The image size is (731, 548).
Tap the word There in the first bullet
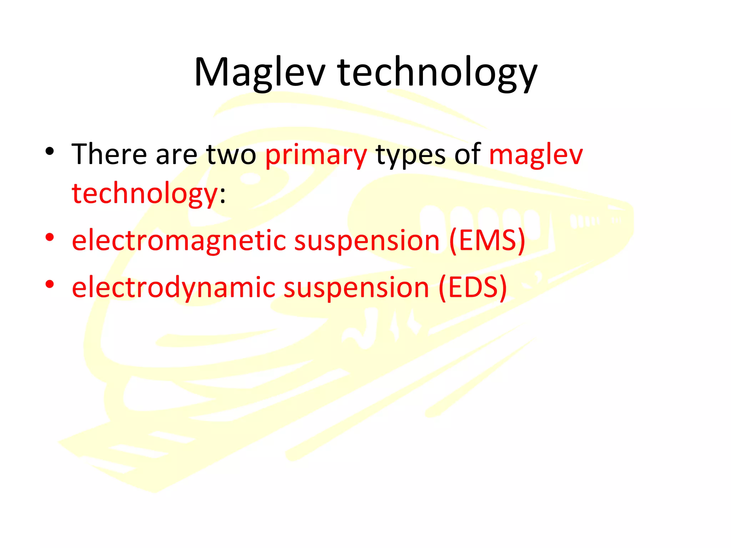coord(109,154)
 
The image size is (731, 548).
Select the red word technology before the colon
coord(145,194)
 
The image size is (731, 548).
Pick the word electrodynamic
coord(173,288)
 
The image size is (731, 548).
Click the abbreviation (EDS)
coord(473,288)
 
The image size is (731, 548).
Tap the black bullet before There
coord(50,152)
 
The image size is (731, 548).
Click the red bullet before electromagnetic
coord(50,237)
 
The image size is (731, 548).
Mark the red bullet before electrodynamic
coord(50,284)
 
